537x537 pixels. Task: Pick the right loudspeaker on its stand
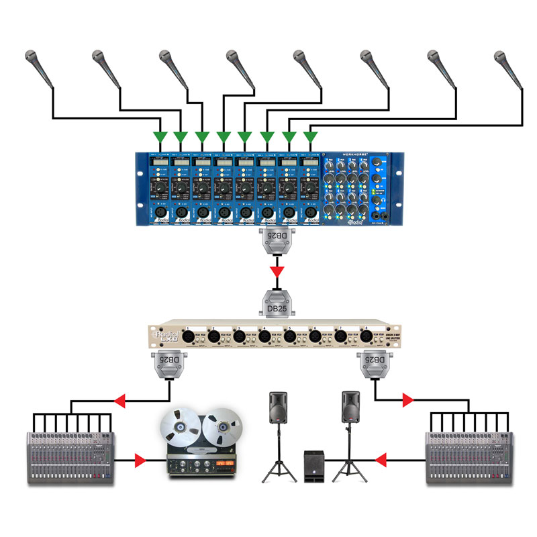tap(350, 409)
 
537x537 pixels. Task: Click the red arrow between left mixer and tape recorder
tap(140, 460)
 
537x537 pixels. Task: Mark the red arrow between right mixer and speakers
tap(381, 460)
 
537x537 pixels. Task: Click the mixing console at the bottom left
tap(72, 456)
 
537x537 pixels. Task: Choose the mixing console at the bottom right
tap(471, 456)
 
